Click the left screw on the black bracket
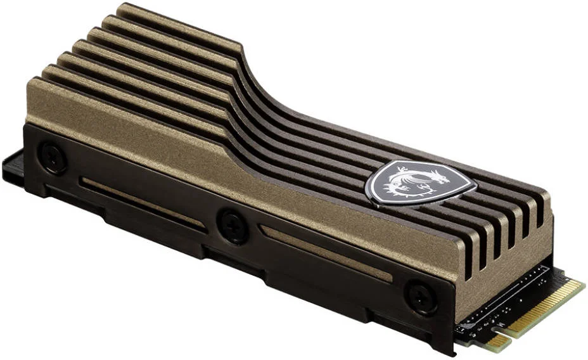pos(52,157)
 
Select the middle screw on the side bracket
pos(232,224)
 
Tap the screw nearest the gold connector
pos(419,296)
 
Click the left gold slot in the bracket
pos(142,202)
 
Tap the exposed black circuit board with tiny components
pos(501,301)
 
